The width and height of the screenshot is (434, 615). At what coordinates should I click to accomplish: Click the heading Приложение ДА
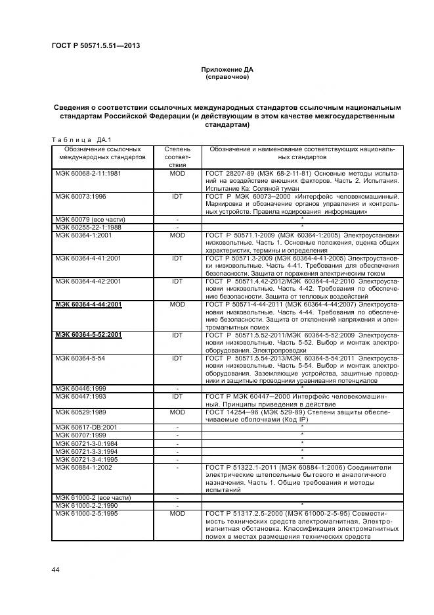tap(227, 69)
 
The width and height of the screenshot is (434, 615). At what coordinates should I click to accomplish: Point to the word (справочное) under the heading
tap(227, 77)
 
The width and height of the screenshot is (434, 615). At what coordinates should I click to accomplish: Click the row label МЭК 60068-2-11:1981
tap(87, 173)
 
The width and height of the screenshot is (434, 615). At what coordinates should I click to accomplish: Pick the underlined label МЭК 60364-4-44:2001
tap(89, 305)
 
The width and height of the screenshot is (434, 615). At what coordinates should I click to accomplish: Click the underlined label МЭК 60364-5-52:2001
tap(89, 335)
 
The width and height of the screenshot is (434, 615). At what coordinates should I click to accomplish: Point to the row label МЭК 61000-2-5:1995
tap(86, 512)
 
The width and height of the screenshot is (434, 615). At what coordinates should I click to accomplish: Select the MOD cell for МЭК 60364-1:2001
tap(177, 234)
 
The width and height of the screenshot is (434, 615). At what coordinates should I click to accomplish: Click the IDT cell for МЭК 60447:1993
tap(177, 397)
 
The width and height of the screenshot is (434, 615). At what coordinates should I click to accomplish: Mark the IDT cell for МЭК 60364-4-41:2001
tap(177, 258)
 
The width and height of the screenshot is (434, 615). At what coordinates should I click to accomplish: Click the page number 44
tap(55, 570)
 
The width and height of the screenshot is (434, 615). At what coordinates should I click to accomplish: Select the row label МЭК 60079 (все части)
tap(85, 219)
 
